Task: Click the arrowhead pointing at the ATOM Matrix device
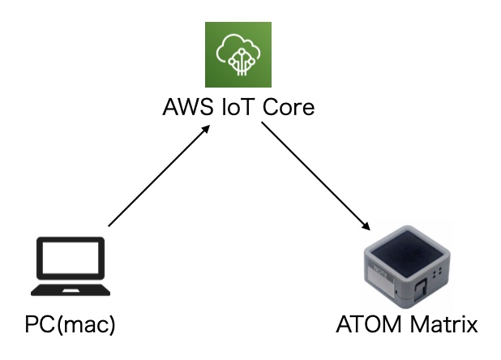coord(367,228)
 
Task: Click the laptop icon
coord(67,267)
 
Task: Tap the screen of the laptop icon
coord(67,260)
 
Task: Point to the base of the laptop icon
coord(67,289)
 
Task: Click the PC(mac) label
coord(71,325)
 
